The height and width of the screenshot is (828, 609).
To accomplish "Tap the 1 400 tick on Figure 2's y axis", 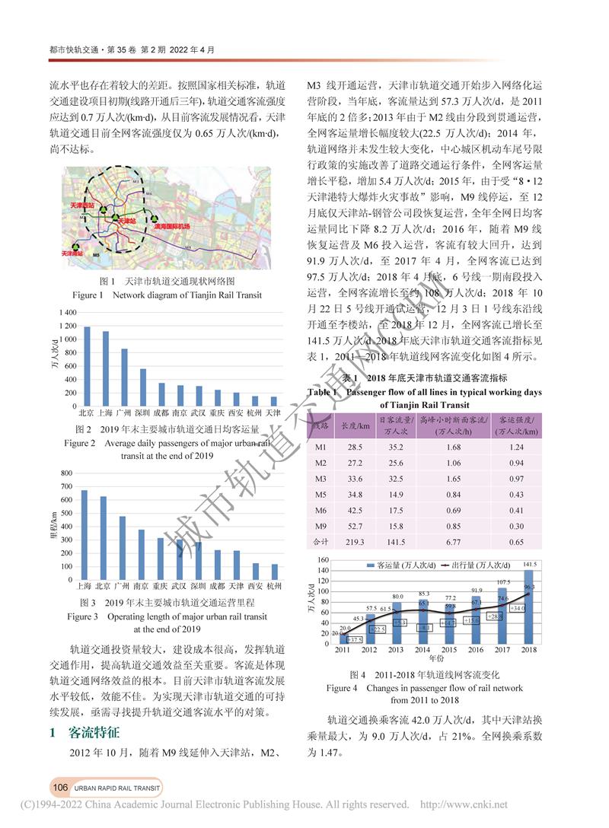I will (67, 314).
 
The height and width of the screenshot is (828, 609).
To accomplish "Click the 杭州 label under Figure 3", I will (276, 588).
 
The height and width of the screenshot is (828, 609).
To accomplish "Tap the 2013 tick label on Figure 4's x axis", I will (396, 650).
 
